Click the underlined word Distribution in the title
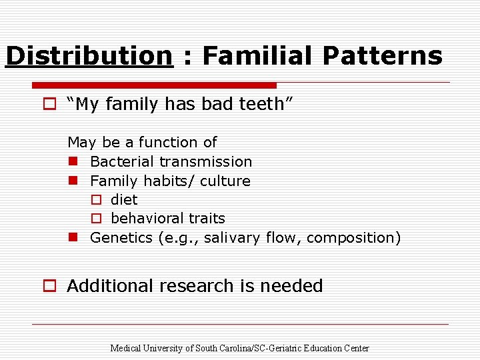89,56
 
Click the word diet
124,199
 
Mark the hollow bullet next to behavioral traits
96,219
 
